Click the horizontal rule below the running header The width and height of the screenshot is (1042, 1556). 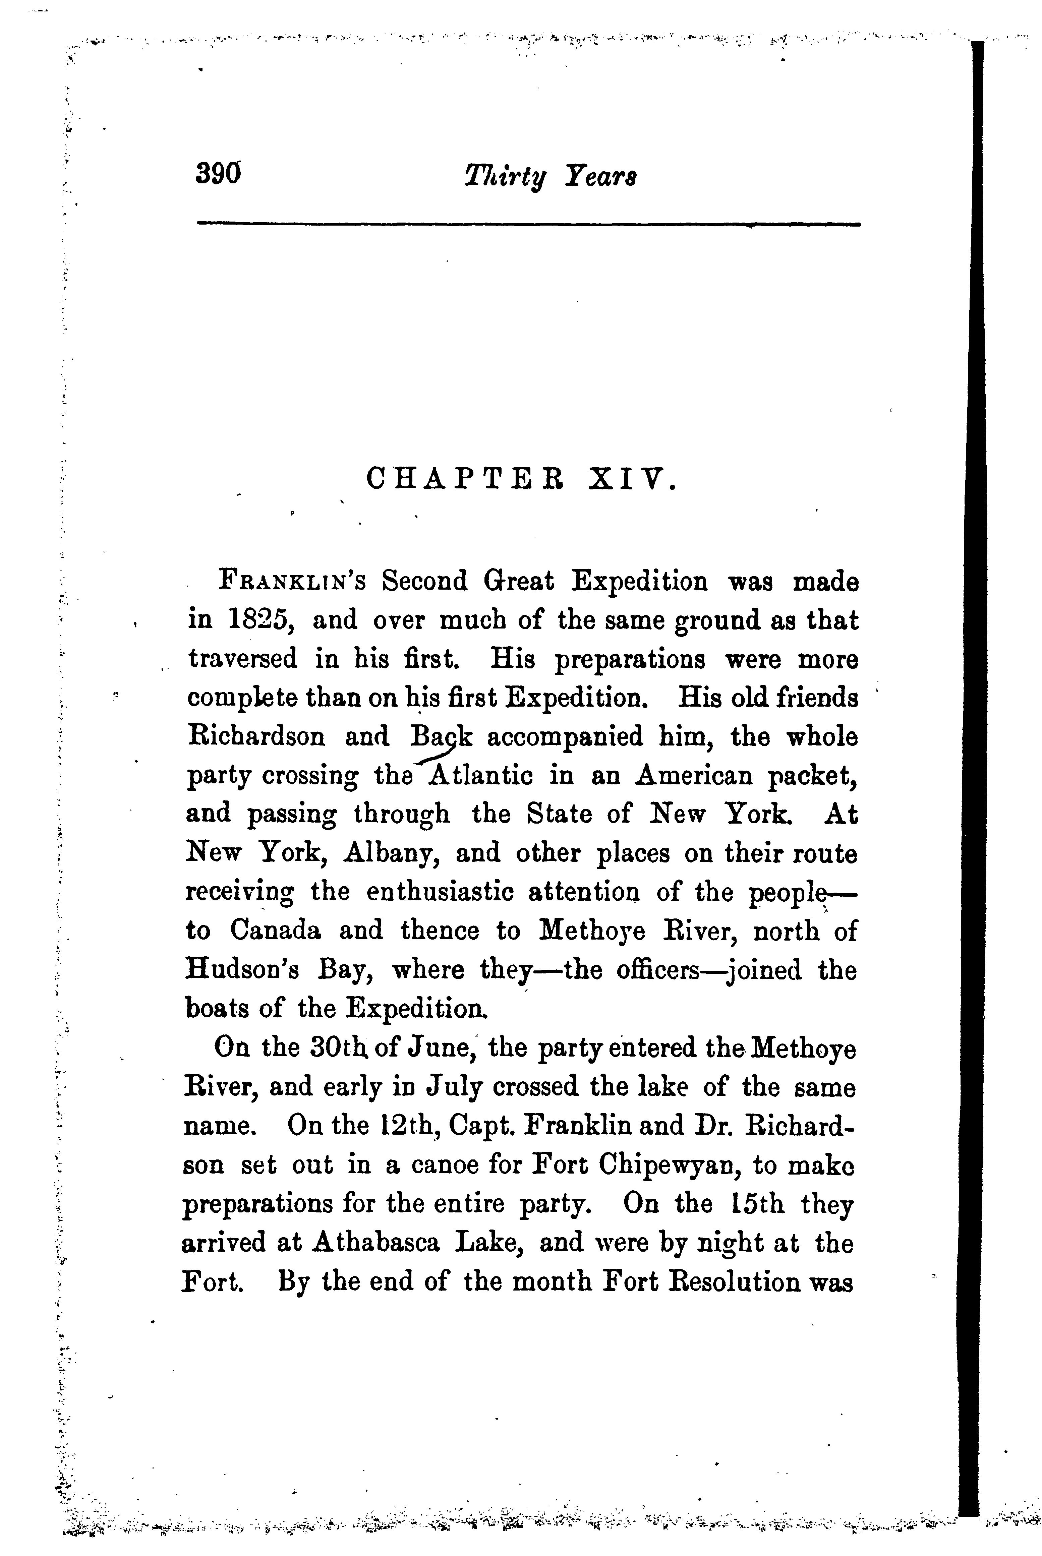click(x=528, y=225)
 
